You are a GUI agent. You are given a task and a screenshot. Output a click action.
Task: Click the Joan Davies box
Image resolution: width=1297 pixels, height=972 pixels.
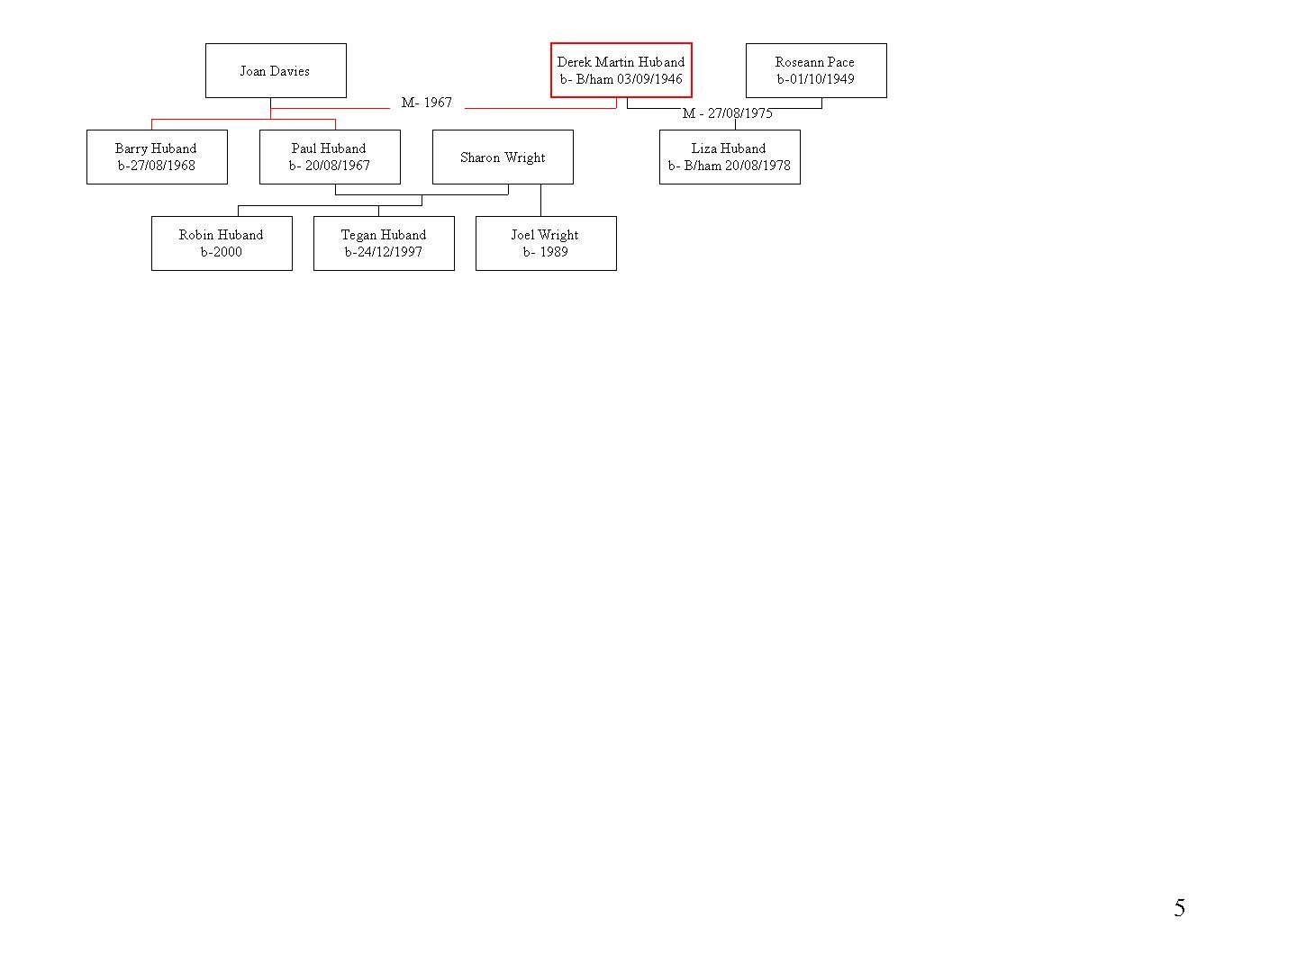(276, 71)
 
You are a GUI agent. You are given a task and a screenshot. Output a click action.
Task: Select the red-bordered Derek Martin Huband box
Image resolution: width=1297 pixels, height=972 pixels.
(621, 70)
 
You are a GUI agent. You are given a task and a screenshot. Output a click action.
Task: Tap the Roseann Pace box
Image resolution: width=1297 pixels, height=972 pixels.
(816, 71)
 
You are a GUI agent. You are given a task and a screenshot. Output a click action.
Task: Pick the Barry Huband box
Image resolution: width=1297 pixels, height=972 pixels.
(158, 157)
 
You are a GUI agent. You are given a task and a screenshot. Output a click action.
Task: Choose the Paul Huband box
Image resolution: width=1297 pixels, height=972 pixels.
(330, 157)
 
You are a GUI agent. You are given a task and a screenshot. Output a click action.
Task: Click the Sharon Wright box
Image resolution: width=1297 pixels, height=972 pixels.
(503, 157)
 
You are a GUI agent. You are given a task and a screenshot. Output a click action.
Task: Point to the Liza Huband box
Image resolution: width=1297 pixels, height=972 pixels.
(730, 157)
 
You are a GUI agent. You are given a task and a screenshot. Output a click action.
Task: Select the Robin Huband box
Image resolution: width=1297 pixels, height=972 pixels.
(222, 244)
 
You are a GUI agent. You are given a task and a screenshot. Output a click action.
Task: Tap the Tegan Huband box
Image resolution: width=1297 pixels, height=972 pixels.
(384, 244)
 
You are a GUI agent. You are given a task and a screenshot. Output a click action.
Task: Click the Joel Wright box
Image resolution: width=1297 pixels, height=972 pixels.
(546, 244)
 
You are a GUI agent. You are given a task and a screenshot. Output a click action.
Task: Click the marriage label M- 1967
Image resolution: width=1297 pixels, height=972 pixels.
(427, 103)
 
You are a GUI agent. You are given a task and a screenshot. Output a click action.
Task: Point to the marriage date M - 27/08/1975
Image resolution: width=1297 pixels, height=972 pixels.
(728, 113)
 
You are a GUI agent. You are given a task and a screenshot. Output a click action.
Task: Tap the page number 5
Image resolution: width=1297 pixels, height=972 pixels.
(1179, 908)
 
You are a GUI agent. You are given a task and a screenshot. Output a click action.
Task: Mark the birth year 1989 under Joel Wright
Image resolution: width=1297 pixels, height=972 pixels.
(554, 252)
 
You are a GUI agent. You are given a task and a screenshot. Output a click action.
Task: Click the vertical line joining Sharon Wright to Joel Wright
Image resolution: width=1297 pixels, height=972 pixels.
(540, 200)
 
